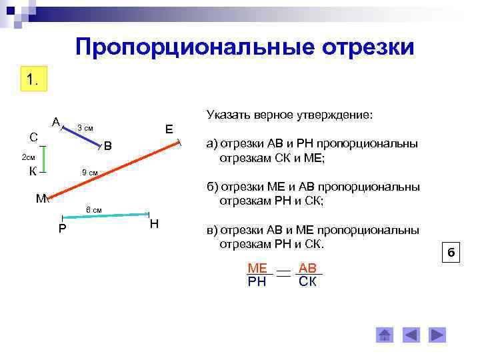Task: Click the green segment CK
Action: [43, 159]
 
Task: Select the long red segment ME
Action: [113, 170]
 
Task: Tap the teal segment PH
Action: [105, 216]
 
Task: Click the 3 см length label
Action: [85, 127]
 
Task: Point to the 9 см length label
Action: [90, 173]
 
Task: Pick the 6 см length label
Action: [94, 210]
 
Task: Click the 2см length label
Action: [28, 157]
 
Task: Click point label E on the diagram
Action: [169, 129]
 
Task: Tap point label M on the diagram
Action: [41, 199]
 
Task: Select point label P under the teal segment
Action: [62, 229]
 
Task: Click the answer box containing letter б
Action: [451, 253]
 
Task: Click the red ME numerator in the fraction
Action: [257, 268]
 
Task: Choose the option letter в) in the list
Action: [212, 230]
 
